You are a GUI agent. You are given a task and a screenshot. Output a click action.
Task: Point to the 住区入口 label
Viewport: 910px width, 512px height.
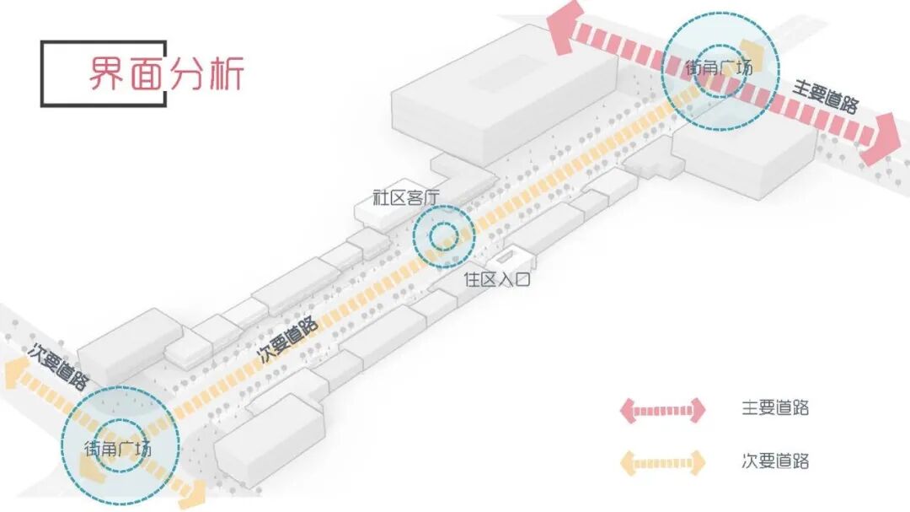(x=497, y=279)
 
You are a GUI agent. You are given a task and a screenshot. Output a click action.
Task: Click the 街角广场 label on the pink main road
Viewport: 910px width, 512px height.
(x=719, y=67)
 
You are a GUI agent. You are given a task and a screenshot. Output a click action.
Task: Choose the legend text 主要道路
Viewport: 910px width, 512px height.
(x=775, y=408)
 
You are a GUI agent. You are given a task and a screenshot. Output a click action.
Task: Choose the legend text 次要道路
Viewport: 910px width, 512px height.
(x=775, y=461)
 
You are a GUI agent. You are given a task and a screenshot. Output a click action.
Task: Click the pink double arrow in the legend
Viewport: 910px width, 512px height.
(x=663, y=410)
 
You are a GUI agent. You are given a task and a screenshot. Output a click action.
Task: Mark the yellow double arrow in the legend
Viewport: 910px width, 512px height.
(x=663, y=462)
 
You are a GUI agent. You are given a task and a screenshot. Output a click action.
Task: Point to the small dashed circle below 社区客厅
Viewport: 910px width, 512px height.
(x=442, y=237)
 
